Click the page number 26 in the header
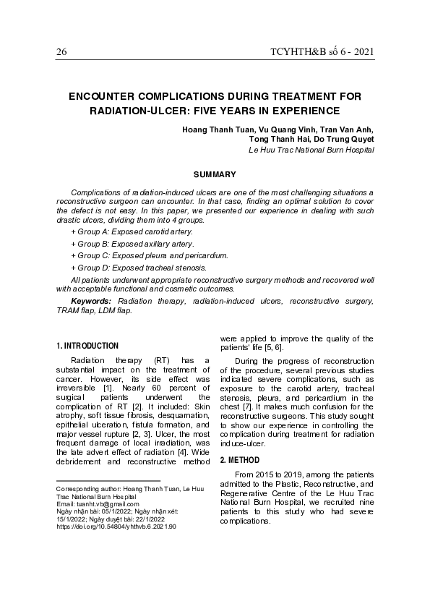point(61,53)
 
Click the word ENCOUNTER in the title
point(108,96)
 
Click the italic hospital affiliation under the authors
point(311,150)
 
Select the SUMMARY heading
point(215,174)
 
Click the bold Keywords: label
point(91,300)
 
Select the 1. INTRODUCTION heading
point(87,346)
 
